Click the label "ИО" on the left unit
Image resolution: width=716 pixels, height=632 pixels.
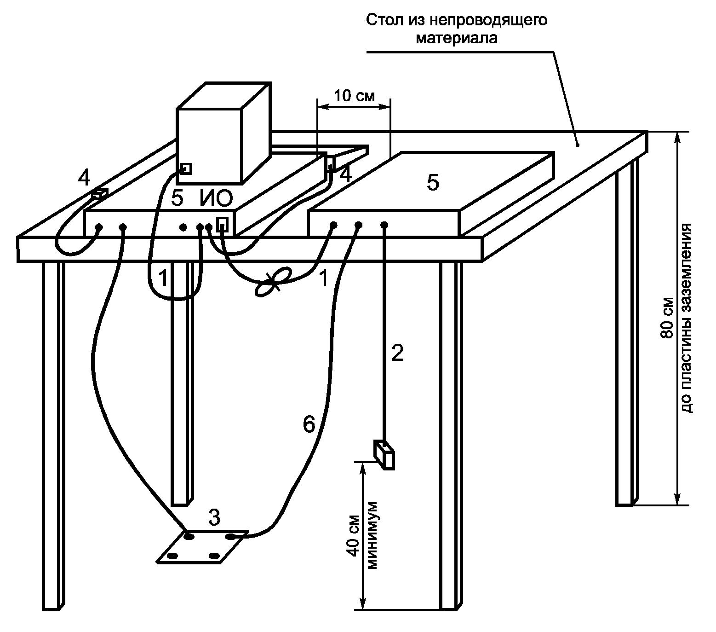coord(216,198)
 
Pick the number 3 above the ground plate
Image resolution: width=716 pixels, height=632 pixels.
coord(214,517)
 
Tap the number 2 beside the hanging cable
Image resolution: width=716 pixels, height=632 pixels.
coord(397,353)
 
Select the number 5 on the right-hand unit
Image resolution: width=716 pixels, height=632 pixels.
coord(433,183)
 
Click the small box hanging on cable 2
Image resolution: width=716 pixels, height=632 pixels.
coord(384,455)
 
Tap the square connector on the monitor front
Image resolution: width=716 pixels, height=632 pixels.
coord(186,168)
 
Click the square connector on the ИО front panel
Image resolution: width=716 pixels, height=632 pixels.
coord(222,224)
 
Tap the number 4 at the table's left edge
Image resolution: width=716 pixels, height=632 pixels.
coord(84,177)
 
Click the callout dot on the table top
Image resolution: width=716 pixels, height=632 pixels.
coord(578,145)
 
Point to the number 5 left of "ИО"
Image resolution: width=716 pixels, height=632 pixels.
coord(177,198)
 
